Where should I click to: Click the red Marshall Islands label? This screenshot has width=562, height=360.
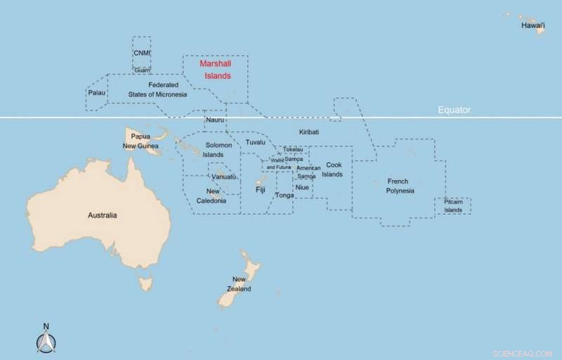tap(215, 70)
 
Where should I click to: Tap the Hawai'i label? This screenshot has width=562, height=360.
tap(533, 25)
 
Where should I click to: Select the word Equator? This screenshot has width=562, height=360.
tap(454, 110)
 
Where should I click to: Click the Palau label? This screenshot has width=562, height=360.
tap(96, 93)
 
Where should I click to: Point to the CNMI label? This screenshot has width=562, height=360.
tap(141, 53)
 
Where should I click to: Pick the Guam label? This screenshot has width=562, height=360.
tap(142, 70)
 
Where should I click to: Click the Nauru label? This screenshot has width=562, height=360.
tap(215, 120)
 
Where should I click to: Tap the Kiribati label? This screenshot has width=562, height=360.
tap(309, 132)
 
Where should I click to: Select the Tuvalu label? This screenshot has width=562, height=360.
tap(256, 143)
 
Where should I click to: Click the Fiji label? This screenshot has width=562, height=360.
tap(261, 190)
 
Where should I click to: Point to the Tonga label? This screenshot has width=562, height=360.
tap(285, 195)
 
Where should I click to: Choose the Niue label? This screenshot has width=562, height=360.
tap(302, 188)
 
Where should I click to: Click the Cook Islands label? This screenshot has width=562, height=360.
tap(332, 169)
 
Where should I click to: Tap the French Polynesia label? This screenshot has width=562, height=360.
tap(400, 186)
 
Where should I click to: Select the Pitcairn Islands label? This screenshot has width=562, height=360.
tap(453, 206)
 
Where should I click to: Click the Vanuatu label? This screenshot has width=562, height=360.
tap(224, 177)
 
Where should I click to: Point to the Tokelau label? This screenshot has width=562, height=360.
tap(293, 150)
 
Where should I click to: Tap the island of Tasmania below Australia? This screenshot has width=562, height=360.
tap(146, 283)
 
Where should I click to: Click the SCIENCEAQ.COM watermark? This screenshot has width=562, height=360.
tap(523, 352)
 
